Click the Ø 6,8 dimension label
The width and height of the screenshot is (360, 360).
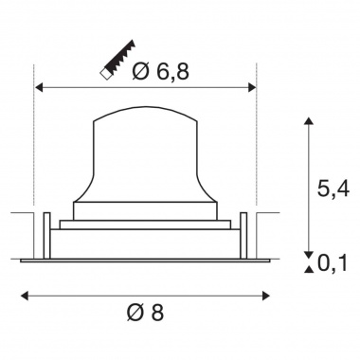point(161,71)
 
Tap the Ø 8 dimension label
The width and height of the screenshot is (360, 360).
point(145,313)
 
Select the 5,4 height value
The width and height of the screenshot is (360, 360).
point(333,189)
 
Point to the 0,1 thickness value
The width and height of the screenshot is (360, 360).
point(333,262)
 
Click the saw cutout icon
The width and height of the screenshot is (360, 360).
point(117,60)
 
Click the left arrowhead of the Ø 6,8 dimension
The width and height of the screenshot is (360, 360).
point(39,87)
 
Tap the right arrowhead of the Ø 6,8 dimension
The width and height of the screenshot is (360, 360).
point(252,87)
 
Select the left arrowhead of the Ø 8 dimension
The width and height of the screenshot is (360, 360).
point(25,296)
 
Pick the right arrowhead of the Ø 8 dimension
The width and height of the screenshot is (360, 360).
point(266,296)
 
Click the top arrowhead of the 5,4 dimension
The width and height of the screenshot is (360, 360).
point(308,121)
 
